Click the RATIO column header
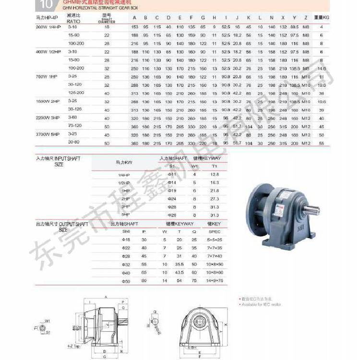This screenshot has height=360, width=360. click(x=73, y=21)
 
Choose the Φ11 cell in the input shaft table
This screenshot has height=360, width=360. click(x=171, y=174)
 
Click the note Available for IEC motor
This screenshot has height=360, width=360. click(x=262, y=304)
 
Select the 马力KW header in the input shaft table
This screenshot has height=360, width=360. click(x=124, y=162)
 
